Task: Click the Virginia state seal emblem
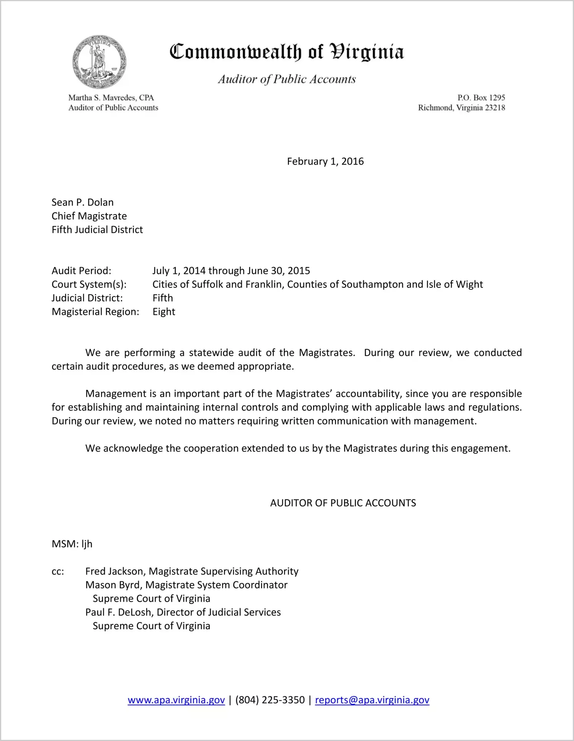click(99, 62)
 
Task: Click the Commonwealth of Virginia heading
click(287, 52)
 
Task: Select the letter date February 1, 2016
click(325, 161)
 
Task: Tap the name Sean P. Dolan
click(83, 202)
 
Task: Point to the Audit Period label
click(81, 271)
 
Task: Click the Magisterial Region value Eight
click(164, 312)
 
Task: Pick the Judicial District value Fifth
click(163, 298)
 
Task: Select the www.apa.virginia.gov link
click(176, 700)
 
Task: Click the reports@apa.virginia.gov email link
click(372, 700)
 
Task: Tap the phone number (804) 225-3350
click(270, 700)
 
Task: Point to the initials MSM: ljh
click(72, 544)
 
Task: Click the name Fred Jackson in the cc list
click(115, 571)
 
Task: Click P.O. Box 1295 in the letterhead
click(481, 97)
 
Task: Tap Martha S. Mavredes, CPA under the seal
click(111, 97)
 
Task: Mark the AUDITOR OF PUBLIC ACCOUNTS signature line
click(343, 503)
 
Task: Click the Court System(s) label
click(89, 284)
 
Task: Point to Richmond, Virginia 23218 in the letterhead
click(461, 107)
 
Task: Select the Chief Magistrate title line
click(89, 216)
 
